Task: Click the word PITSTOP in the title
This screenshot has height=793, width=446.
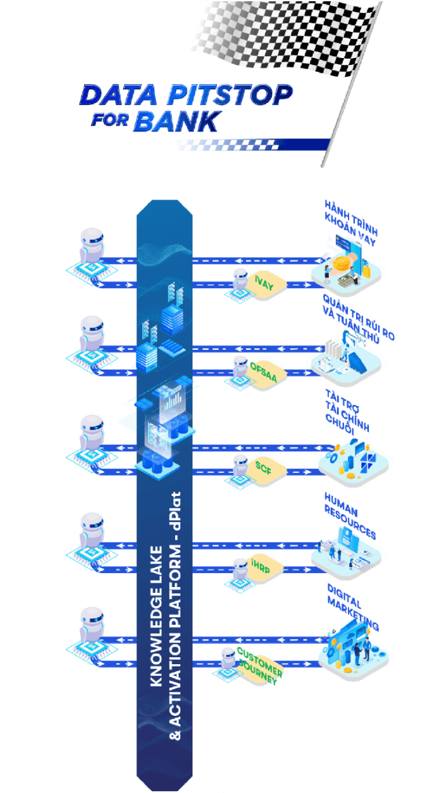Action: pos(229,95)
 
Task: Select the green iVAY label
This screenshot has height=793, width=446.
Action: pos(264,282)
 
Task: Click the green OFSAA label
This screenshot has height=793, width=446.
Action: pos(263,372)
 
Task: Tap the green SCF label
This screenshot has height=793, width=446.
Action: pos(263,468)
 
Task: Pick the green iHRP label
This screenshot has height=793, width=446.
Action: pos(261,567)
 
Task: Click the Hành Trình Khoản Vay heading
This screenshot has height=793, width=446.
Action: pos(351,223)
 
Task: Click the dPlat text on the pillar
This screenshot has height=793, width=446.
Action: pos(176,511)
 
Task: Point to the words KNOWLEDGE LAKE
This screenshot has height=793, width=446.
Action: pos(156,616)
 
